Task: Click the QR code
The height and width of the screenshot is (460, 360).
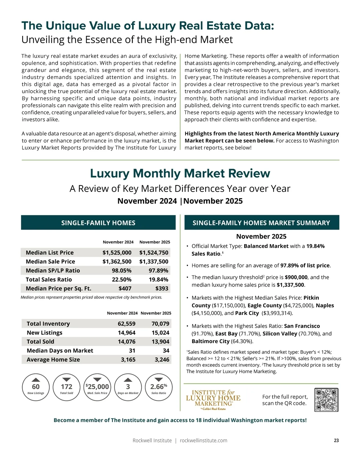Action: click(x=326, y=400)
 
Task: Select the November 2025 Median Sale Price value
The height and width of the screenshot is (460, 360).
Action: click(x=154, y=262)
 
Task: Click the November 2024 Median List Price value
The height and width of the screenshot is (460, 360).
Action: click(x=117, y=253)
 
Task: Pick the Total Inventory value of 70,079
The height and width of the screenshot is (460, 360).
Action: click(x=160, y=324)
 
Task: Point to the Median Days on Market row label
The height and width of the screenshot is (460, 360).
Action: click(x=60, y=351)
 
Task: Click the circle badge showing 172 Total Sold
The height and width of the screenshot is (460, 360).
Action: click(x=67, y=387)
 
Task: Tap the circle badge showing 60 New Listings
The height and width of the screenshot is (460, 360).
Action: click(x=36, y=387)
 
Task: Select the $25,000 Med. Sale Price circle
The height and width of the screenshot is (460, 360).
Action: click(x=97, y=387)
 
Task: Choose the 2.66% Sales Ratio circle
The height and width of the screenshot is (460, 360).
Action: click(x=159, y=387)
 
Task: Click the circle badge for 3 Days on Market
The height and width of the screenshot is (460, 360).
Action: click(x=128, y=387)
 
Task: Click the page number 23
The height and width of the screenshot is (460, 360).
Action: click(x=336, y=441)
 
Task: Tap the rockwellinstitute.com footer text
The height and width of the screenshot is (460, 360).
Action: click(x=203, y=441)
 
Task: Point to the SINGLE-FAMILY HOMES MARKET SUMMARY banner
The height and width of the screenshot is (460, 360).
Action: click(x=261, y=223)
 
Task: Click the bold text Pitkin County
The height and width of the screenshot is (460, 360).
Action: click(x=311, y=298)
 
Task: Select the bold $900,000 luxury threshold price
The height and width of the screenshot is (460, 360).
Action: click(x=296, y=277)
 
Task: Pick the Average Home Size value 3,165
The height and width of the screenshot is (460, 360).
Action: click(x=128, y=360)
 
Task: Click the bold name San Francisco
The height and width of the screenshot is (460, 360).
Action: click(x=302, y=326)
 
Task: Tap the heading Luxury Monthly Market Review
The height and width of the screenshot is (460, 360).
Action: click(x=180, y=174)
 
